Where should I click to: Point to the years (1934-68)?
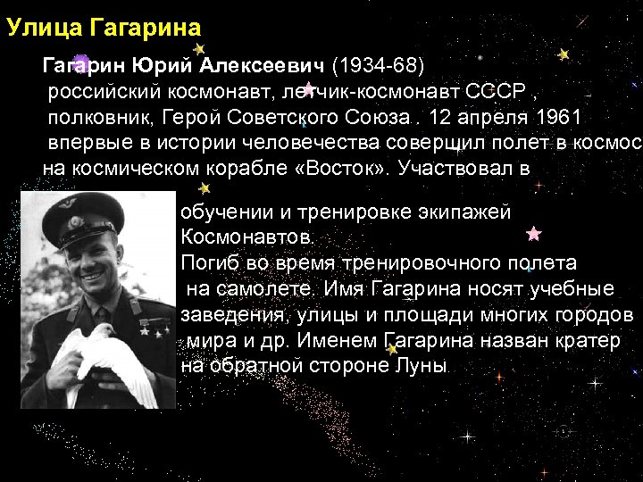380,66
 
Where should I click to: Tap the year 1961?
560,117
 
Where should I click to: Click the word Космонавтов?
246,237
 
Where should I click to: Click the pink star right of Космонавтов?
534,235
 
